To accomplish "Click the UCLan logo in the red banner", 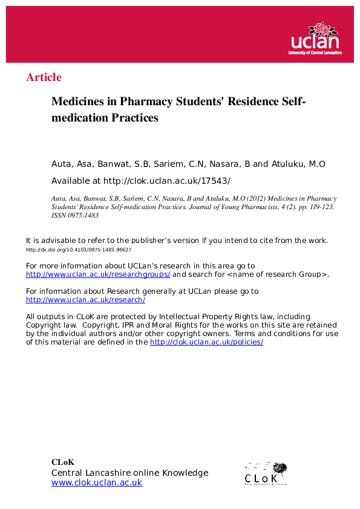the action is (x=316, y=39).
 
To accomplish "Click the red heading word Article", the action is (x=44, y=77).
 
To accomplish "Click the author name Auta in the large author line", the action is (x=62, y=164).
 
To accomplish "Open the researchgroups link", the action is (x=98, y=274).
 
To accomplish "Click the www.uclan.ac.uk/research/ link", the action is (x=85, y=299).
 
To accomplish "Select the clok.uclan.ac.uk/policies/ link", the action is (x=206, y=342).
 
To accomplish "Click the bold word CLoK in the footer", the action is (x=63, y=462).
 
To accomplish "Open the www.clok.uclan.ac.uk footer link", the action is (x=97, y=482).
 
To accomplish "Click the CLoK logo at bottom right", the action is (x=265, y=473).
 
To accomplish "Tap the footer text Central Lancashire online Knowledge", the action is (x=129, y=473).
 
